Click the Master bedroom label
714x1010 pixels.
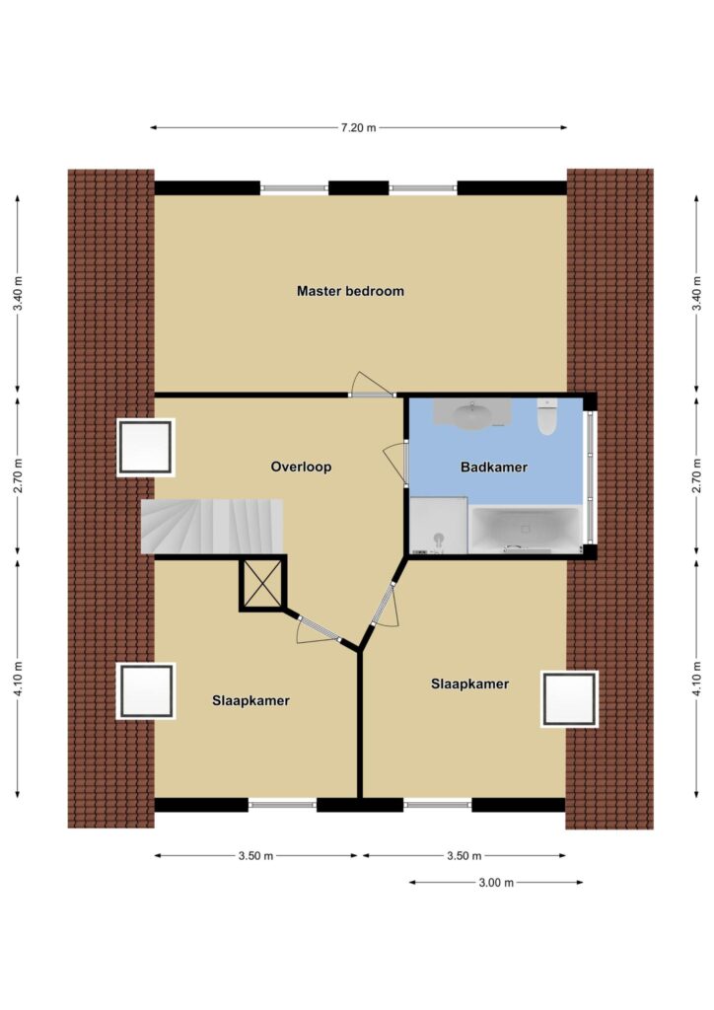(350, 291)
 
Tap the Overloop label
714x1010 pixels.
(301, 467)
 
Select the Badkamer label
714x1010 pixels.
(494, 468)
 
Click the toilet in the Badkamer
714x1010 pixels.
(547, 416)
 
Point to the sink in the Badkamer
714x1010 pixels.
(472, 413)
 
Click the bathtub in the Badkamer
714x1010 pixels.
(526, 530)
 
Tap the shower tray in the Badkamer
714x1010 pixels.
(439, 526)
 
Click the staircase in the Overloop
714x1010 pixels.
(212, 526)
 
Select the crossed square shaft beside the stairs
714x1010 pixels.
(262, 584)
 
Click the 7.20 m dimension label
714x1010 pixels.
(359, 127)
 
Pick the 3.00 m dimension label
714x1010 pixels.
(496, 883)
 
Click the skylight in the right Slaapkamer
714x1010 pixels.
(569, 699)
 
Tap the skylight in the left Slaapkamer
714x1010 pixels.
(146, 691)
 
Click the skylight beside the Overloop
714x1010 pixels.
(146, 448)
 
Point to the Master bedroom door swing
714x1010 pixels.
(372, 385)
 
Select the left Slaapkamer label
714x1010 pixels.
(251, 701)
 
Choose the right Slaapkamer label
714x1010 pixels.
(470, 685)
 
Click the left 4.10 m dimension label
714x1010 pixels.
(18, 679)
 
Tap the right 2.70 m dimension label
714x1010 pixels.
(696, 476)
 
